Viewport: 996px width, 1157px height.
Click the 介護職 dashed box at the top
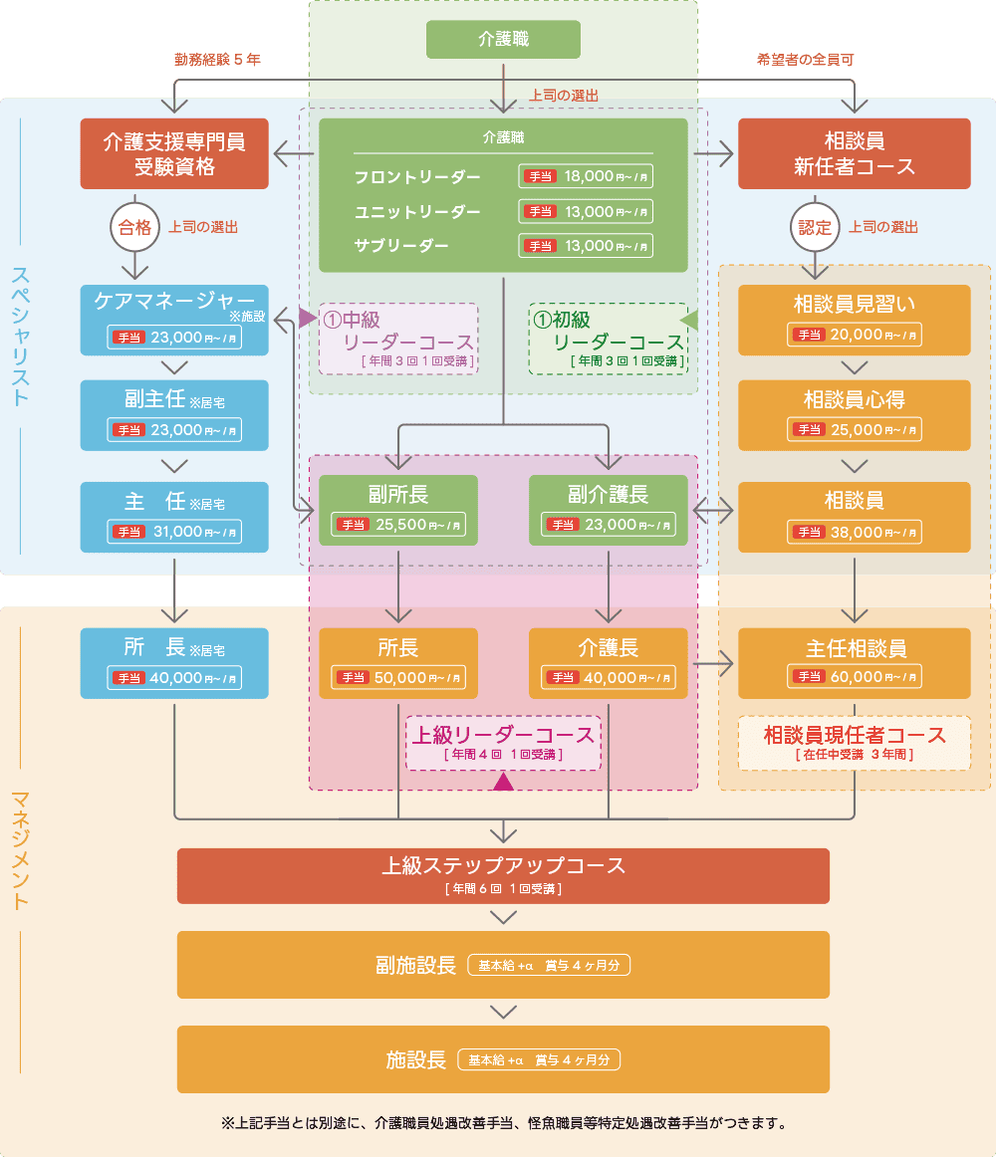(503, 40)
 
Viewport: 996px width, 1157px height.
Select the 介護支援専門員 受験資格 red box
(174, 153)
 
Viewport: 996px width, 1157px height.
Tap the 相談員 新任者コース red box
(854, 153)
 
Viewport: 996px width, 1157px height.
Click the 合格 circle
(134, 227)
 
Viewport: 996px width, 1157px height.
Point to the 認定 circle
(814, 227)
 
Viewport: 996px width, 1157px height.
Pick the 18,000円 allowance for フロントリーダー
(587, 177)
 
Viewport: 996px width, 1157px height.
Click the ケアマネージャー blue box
(174, 320)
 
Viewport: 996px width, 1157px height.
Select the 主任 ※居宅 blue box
(174, 517)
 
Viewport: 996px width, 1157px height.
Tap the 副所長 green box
(397, 510)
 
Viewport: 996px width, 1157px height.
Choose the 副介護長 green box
(608, 510)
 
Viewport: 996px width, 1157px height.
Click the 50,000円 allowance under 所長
(398, 678)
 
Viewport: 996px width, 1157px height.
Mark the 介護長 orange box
(608, 662)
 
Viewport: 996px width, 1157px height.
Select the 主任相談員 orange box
(854, 662)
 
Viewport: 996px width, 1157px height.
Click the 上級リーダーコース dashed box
(503, 743)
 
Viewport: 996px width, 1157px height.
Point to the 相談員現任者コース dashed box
(854, 743)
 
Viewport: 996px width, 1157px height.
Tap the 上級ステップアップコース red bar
(503, 874)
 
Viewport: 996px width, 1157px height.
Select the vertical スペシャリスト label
(21, 335)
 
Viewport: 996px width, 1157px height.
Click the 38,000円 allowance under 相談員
(855, 533)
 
